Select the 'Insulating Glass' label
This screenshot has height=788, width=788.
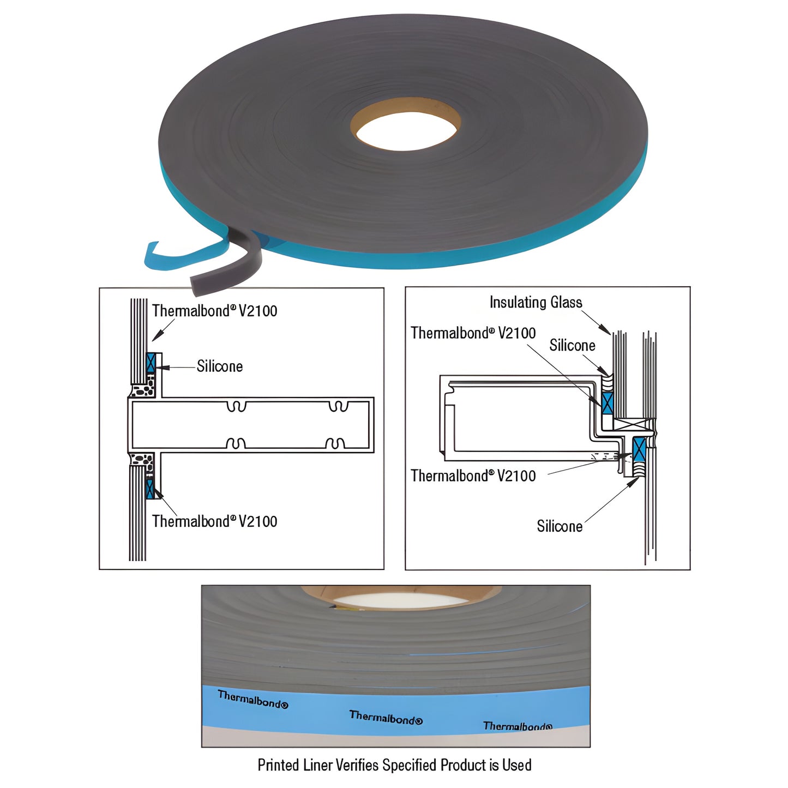click(536, 302)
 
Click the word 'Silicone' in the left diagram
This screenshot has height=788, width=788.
click(219, 366)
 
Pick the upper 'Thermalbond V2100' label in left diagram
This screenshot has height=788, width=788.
click(214, 311)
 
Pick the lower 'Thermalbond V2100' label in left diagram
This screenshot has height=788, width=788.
click(214, 521)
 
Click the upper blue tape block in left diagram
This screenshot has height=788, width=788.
click(151, 363)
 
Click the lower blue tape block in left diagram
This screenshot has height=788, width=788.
click(150, 489)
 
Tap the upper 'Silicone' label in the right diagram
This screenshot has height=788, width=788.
click(572, 345)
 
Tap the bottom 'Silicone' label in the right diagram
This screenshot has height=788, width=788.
click(560, 526)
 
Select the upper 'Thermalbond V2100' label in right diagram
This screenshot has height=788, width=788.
click(473, 333)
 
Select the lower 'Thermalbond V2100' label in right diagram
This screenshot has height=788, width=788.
click(473, 476)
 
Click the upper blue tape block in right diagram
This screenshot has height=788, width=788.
click(607, 403)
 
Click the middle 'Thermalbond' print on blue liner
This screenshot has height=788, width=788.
click(386, 718)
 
